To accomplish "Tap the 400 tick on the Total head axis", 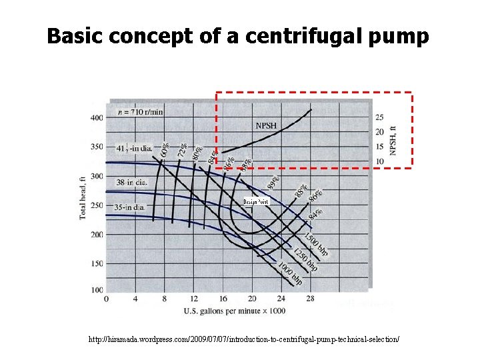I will (x=96, y=117).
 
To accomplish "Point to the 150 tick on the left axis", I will (x=96, y=264).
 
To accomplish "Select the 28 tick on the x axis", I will (x=310, y=298).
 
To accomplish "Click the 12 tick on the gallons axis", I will (x=194, y=298).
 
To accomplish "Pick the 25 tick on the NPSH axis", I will (x=379, y=117).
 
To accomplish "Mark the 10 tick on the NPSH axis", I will (x=379, y=161).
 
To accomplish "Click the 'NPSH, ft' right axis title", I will (x=393, y=140).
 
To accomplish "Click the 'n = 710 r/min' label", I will (x=141, y=111).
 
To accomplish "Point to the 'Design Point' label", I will (x=255, y=201).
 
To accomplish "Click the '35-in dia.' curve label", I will (x=130, y=207).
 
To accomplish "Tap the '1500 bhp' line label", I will (x=316, y=245).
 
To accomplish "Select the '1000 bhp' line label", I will (x=291, y=273).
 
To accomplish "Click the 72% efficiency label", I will (x=182, y=149).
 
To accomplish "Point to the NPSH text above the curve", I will (x=267, y=125).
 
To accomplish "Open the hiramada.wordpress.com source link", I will (x=244, y=340).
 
